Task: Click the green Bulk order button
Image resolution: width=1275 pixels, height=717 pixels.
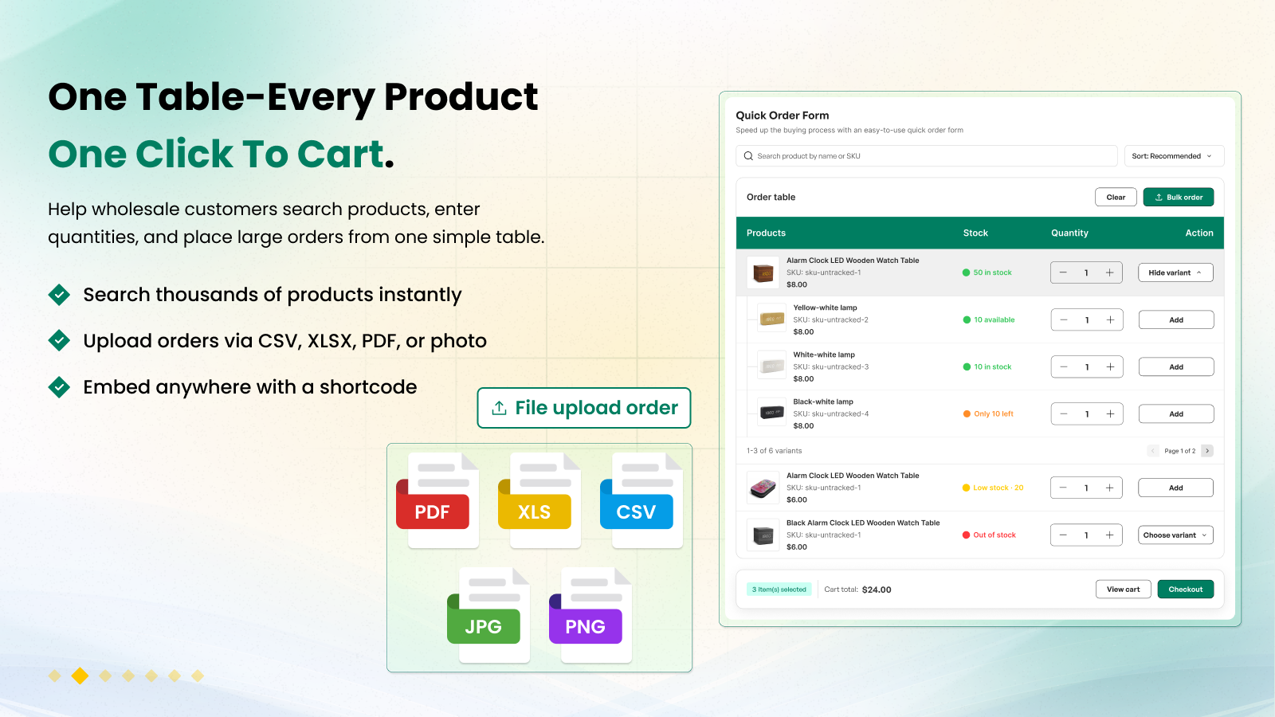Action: pyautogui.click(x=1179, y=197)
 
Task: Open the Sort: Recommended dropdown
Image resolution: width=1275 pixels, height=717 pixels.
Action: pyautogui.click(x=1174, y=156)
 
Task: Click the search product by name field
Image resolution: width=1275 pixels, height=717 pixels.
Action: pyautogui.click(x=926, y=156)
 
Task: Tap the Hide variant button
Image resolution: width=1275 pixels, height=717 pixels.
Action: pyautogui.click(x=1175, y=272)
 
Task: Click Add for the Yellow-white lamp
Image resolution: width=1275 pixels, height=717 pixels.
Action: pyautogui.click(x=1176, y=319)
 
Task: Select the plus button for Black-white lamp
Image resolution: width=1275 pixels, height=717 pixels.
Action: pyautogui.click(x=1110, y=413)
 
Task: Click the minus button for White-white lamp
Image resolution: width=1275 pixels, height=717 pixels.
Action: pyautogui.click(x=1063, y=367)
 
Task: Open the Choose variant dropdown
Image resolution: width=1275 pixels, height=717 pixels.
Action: pyautogui.click(x=1175, y=535)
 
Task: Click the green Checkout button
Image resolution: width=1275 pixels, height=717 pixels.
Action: pyautogui.click(x=1186, y=589)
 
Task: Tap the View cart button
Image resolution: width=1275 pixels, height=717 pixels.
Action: pyautogui.click(x=1123, y=589)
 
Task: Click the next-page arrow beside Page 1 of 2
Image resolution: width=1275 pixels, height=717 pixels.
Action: pyautogui.click(x=1207, y=451)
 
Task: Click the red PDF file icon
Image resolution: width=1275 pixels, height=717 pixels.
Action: pyautogui.click(x=437, y=500)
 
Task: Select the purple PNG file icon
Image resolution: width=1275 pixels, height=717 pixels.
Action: pyautogui.click(x=590, y=615)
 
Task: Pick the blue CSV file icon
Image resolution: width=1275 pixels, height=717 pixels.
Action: pyautogui.click(x=641, y=500)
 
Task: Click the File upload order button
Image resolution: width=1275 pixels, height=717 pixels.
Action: pyautogui.click(x=584, y=408)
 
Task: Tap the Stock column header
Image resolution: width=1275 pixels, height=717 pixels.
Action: pyautogui.click(x=975, y=233)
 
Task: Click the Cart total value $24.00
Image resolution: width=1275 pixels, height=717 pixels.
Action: pyautogui.click(x=877, y=590)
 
